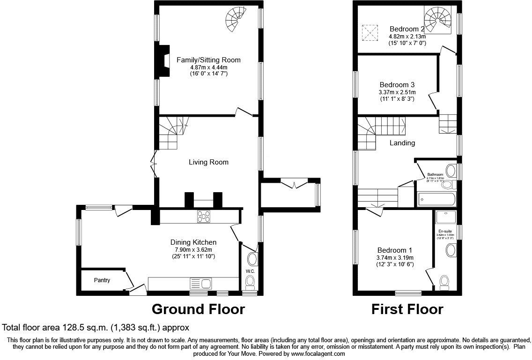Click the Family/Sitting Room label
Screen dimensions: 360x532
click(208, 60)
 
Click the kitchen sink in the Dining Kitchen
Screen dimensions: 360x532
click(201, 283)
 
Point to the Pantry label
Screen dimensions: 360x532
click(102, 280)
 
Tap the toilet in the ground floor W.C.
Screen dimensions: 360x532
click(251, 281)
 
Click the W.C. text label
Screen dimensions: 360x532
click(250, 271)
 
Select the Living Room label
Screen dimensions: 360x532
click(208, 162)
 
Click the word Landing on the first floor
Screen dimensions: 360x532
click(402, 142)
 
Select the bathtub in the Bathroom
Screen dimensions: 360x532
click(436, 199)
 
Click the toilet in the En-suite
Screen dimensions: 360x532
click(444, 281)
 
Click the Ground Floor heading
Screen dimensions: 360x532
click(198, 309)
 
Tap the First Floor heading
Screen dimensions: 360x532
click(407, 309)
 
